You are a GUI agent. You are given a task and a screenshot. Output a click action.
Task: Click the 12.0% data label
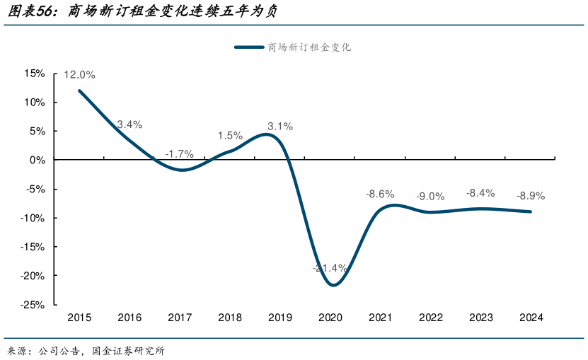[x=79, y=74]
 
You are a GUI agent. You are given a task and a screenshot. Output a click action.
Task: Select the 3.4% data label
[x=129, y=124]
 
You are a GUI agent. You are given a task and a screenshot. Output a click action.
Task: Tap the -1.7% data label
[x=179, y=153]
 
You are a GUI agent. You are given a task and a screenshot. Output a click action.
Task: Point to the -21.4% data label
[x=330, y=268]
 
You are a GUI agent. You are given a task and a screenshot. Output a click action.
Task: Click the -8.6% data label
[x=379, y=193]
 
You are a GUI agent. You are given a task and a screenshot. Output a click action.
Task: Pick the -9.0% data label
[x=430, y=196]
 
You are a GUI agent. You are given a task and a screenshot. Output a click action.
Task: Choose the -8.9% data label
[x=531, y=195]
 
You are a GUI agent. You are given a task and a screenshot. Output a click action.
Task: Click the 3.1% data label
[x=280, y=127]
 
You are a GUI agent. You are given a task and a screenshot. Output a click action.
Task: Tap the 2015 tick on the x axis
[x=79, y=318]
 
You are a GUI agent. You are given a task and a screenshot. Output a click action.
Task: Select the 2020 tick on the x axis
[x=330, y=318]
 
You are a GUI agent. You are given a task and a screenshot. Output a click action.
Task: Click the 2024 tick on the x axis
[x=531, y=318]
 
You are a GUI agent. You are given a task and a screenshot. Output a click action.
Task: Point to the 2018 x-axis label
[x=230, y=318]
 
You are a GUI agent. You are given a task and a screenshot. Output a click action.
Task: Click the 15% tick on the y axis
[x=35, y=74]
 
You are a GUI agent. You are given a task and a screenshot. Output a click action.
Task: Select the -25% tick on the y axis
[x=33, y=305]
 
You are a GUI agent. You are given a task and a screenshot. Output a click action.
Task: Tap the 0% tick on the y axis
[x=38, y=160]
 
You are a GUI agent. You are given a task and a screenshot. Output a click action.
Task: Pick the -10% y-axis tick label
[x=33, y=218]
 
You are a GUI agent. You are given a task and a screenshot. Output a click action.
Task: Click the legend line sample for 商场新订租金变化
[x=248, y=47]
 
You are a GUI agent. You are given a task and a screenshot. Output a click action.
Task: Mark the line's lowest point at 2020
[x=333, y=285]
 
